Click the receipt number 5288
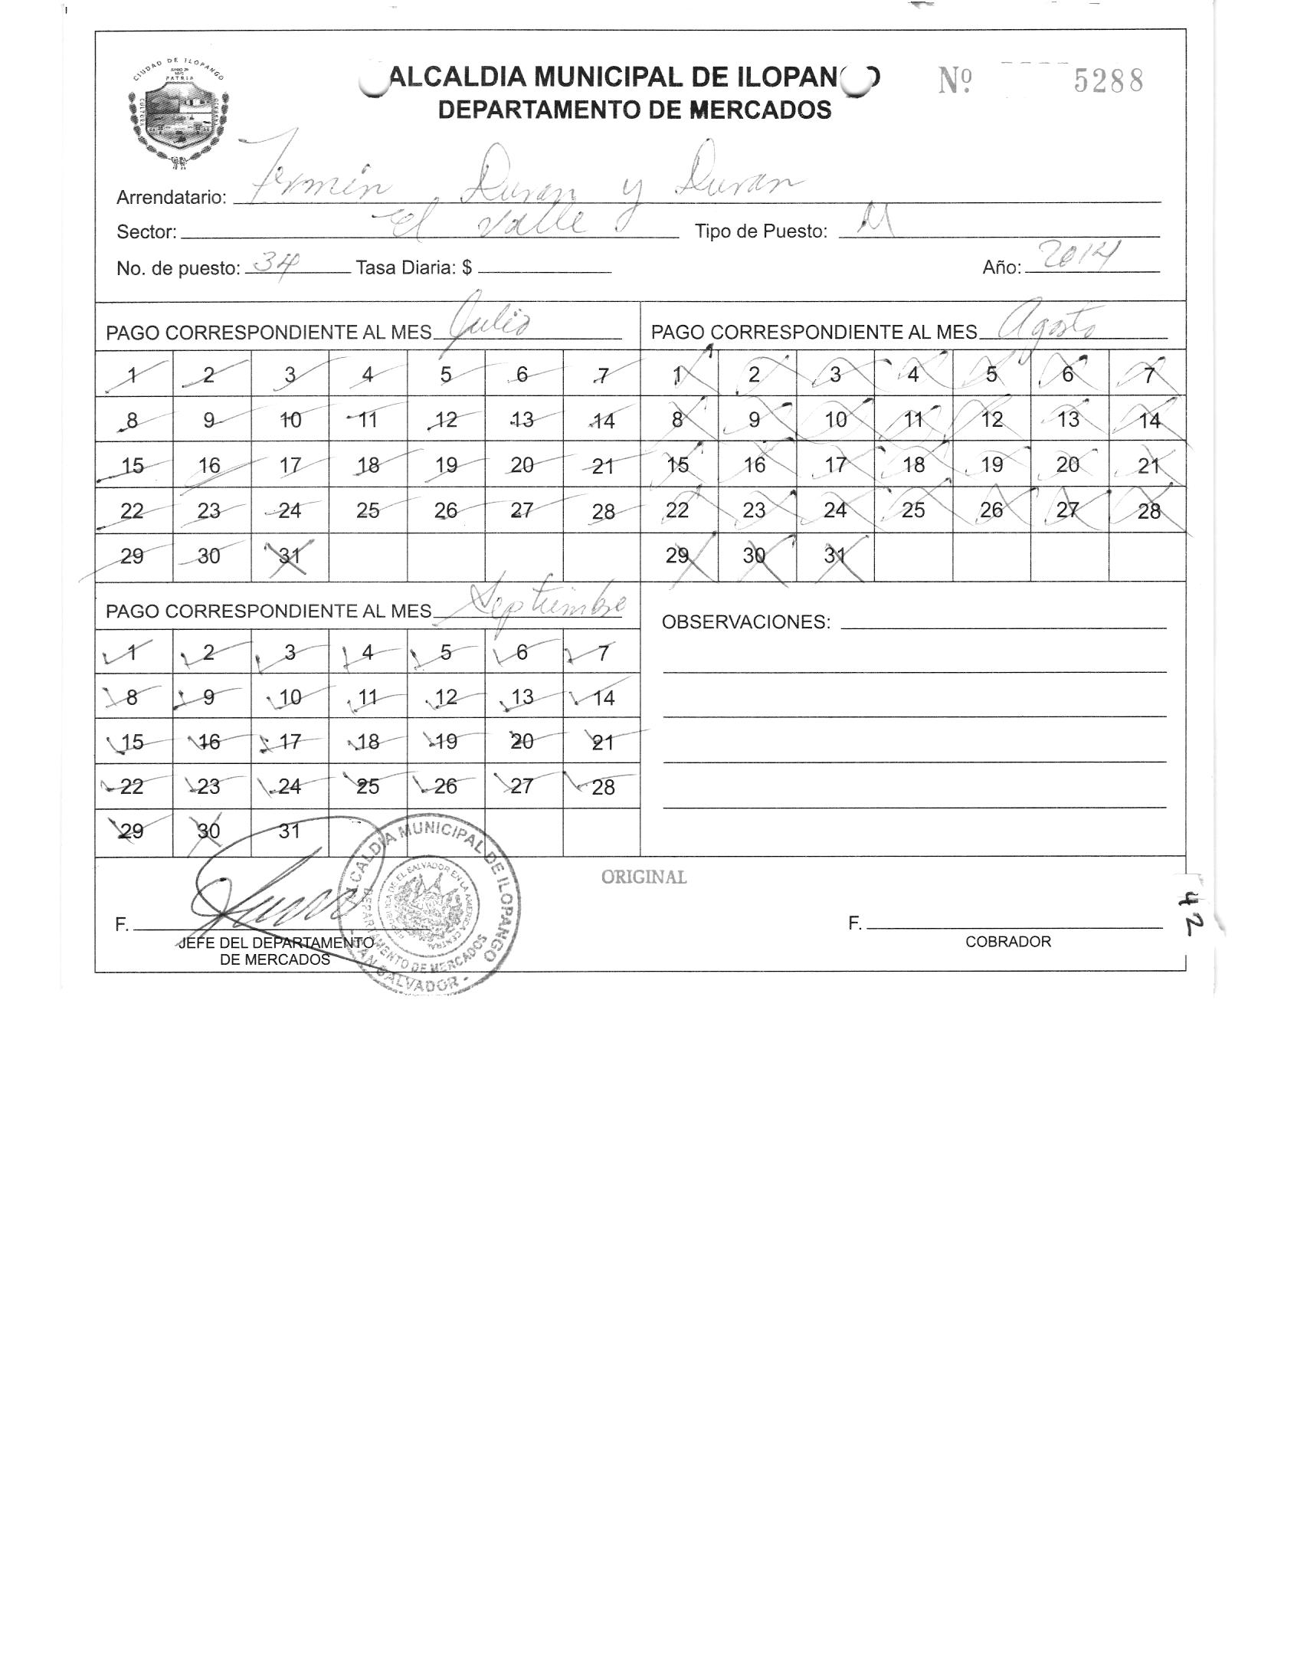click(x=1108, y=80)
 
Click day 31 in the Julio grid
click(x=290, y=556)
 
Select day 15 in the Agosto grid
click(x=678, y=465)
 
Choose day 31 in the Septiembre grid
click(x=290, y=831)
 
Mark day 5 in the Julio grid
click(x=446, y=375)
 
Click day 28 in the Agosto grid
click(x=1148, y=511)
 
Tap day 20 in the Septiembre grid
click(x=522, y=742)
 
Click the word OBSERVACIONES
click(x=745, y=622)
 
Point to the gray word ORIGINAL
click(x=644, y=877)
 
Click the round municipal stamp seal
click(x=431, y=906)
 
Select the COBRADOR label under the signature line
click(x=1007, y=942)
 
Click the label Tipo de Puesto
click(x=761, y=232)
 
